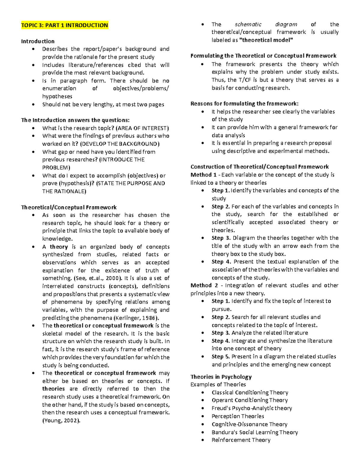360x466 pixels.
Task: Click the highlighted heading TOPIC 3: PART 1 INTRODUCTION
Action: click(x=64, y=25)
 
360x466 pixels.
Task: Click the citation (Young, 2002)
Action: click(x=61, y=420)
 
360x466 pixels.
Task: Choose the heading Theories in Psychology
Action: click(x=221, y=377)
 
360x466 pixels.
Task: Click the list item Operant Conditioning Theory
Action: click(x=250, y=400)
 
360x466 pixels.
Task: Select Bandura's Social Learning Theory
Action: click(x=255, y=432)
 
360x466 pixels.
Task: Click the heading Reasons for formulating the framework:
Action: click(x=244, y=104)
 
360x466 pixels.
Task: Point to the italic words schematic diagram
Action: click(x=266, y=24)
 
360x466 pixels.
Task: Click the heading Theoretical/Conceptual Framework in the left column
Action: click(x=69, y=207)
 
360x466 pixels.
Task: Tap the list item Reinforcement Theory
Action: click(x=241, y=440)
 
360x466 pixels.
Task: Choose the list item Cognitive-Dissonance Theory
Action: click(x=249, y=424)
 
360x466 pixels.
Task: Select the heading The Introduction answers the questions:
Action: click(x=75, y=120)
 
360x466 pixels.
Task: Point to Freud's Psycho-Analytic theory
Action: click(x=252, y=408)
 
